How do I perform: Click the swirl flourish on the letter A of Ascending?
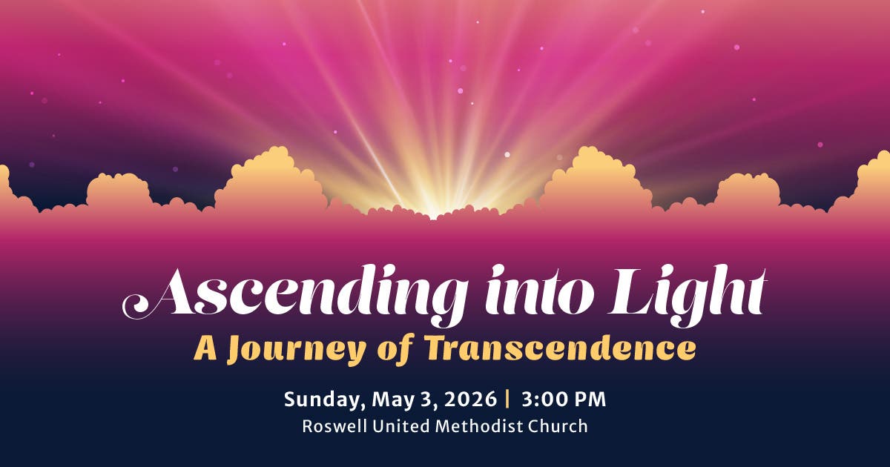tap(137, 304)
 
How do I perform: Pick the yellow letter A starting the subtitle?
tap(205, 348)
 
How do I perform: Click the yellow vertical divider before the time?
tap(508, 400)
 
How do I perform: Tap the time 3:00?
tap(545, 400)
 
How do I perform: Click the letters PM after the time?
tap(591, 400)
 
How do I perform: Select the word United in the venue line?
tap(399, 426)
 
